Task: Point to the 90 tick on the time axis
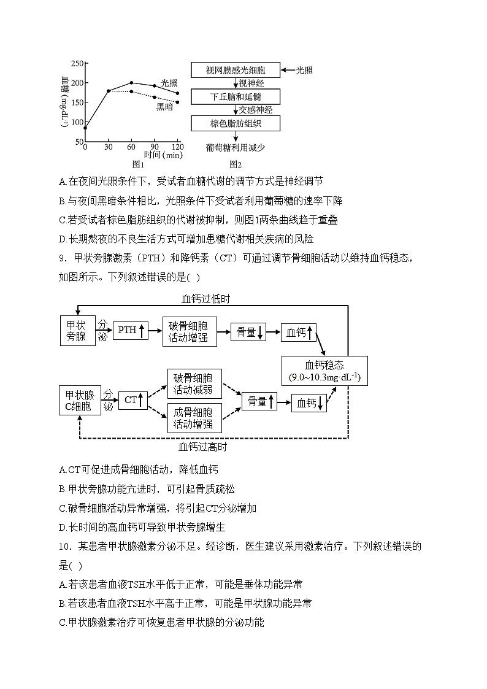(153, 147)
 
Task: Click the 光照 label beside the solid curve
(169, 82)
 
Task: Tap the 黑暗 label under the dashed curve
(164, 107)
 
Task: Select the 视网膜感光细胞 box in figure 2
(236, 71)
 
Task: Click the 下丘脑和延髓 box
(236, 97)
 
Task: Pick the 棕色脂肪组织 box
(236, 123)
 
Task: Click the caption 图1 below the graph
(138, 164)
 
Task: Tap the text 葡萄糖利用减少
(236, 148)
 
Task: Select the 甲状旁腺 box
(77, 330)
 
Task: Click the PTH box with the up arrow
(131, 331)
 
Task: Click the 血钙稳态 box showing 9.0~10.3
(324, 370)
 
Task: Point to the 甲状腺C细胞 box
(80, 401)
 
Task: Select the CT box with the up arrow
(133, 401)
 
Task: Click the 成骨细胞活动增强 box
(194, 417)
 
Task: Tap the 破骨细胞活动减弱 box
(194, 383)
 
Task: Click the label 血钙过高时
(202, 447)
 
